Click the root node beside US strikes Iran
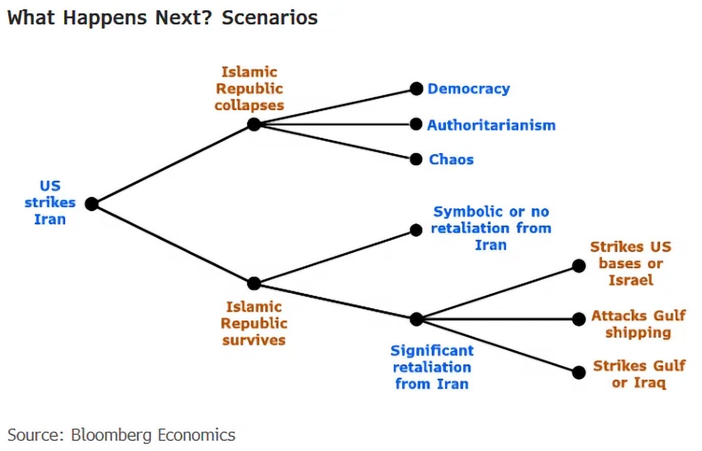click(91, 204)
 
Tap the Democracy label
click(468, 89)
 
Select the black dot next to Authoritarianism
click(416, 124)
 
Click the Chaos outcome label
click(451, 159)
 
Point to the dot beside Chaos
click(416, 159)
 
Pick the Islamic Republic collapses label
click(249, 88)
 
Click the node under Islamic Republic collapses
click(254, 124)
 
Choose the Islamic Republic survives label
click(254, 323)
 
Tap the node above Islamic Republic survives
click(254, 283)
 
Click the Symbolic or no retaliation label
click(491, 228)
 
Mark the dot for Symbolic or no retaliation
click(416, 230)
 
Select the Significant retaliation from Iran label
click(432, 367)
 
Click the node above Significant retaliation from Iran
click(416, 319)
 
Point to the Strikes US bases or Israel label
click(631, 263)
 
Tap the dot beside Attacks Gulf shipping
click(579, 319)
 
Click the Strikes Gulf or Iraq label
click(639, 374)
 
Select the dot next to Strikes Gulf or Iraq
click(579, 372)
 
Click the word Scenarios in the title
click(269, 18)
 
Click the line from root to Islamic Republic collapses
click(172, 164)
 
